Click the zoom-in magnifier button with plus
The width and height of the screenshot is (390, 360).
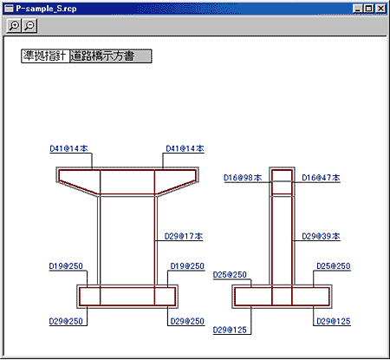(14, 26)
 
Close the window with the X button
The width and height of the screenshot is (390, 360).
(380, 9)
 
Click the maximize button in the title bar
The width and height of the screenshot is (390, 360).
(369, 9)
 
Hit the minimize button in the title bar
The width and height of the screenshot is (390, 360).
(358, 9)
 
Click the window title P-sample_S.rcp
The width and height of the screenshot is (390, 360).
(46, 9)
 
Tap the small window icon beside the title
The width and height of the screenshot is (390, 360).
(10, 9)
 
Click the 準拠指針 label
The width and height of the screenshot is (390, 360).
(45, 56)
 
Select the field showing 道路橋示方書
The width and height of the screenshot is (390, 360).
(111, 56)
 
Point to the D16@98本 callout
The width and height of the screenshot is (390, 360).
(243, 178)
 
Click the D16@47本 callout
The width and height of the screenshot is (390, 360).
(321, 178)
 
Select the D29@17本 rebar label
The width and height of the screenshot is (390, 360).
(184, 236)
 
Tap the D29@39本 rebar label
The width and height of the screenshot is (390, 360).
(321, 236)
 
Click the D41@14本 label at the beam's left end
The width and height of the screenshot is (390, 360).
(68, 148)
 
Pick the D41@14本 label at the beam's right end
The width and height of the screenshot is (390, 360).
(185, 148)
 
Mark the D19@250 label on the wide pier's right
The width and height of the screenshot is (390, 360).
(187, 266)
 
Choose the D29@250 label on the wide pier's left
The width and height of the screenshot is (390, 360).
(66, 321)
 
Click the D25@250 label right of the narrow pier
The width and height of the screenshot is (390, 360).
(334, 266)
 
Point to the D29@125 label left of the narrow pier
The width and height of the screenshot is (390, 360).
(230, 330)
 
